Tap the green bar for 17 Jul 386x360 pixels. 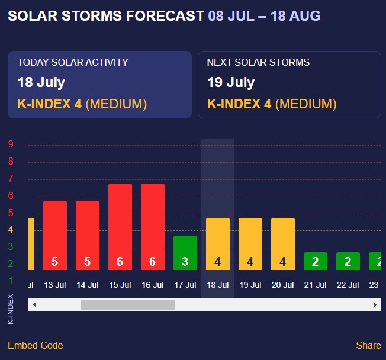185,253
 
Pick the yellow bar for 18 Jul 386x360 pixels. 218,244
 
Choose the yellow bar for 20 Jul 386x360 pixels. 283,244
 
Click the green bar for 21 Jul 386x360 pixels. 316,261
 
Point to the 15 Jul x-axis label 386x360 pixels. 120,285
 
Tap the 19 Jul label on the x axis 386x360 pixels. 250,285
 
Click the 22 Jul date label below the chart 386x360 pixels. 348,285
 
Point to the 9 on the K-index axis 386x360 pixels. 11,144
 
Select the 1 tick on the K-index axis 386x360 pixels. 11,281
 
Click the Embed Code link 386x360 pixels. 35,345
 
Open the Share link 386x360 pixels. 368,345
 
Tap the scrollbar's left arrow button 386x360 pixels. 34,304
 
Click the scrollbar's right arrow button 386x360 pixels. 375,304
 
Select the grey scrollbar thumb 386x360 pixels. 128,304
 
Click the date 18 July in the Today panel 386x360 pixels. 41,82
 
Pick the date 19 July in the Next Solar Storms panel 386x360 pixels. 231,82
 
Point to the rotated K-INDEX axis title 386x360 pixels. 11,308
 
